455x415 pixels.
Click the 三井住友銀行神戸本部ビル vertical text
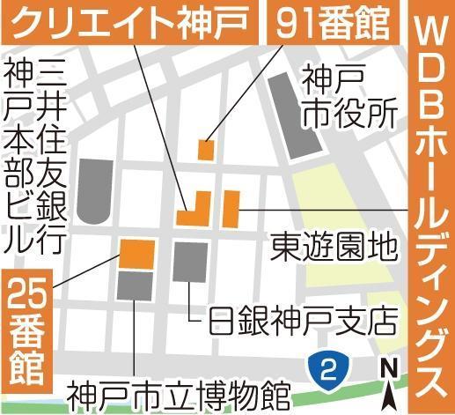(35, 155)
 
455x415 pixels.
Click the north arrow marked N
(388, 374)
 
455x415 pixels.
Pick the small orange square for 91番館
(206, 149)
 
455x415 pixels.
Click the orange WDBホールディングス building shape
(231, 209)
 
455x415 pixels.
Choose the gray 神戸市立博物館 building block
(135, 285)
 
